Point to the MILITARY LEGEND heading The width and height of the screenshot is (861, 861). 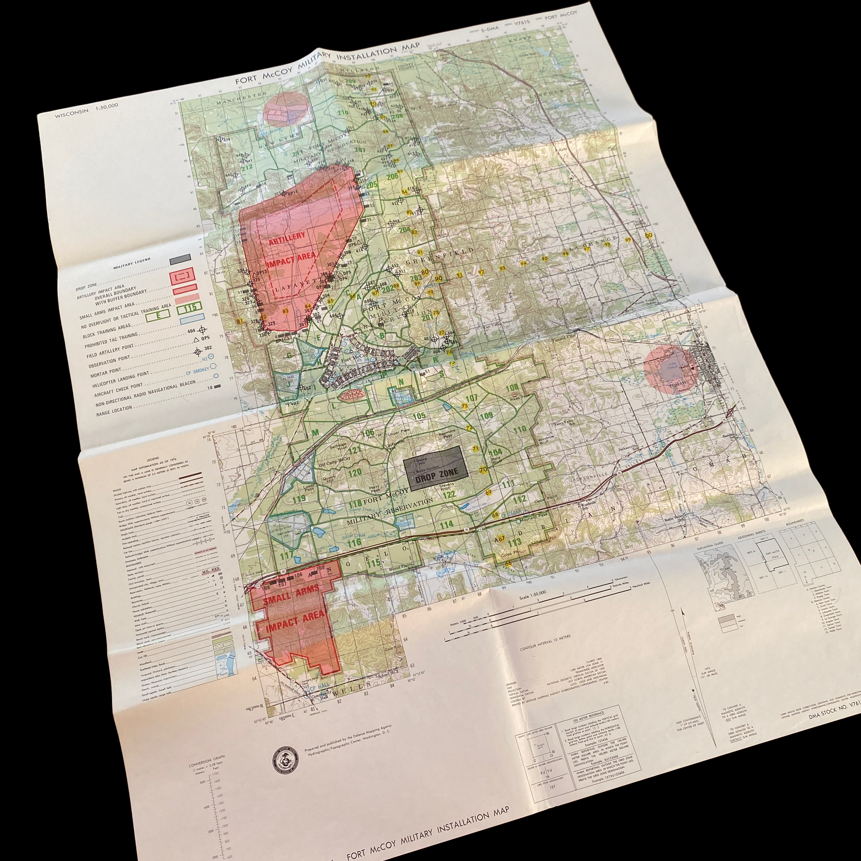132,262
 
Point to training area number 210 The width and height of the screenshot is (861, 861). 343,112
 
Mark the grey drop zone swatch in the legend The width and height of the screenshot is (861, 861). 180,259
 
